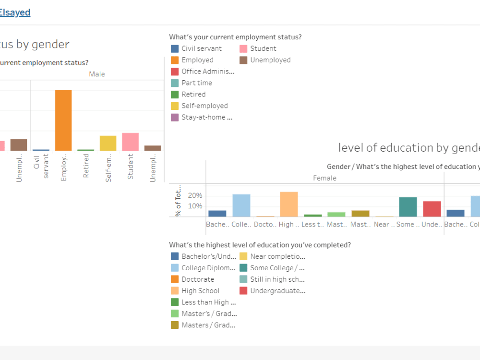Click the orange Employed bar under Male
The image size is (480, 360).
[63, 120]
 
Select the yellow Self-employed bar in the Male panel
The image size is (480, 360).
[108, 144]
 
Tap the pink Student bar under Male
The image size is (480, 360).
[130, 142]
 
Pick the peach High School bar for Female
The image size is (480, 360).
[288, 204]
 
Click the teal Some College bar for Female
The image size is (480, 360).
[408, 207]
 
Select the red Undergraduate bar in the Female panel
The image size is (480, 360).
[432, 209]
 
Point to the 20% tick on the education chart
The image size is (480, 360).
[194, 196]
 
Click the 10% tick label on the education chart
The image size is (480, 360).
[194, 206]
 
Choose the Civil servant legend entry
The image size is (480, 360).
[201, 48]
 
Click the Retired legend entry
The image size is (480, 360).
[193, 95]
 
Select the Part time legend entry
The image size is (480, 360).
[196, 83]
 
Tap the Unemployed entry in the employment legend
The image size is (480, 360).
[270, 60]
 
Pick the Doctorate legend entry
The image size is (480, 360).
[197, 279]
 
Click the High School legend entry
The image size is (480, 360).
[200, 291]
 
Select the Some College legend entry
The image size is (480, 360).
[276, 268]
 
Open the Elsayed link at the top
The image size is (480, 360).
[14, 13]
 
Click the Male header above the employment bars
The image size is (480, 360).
[96, 74]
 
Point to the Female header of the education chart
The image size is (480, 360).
[324, 178]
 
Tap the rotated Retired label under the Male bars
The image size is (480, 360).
[86, 167]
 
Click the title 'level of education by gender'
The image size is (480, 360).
[408, 148]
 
